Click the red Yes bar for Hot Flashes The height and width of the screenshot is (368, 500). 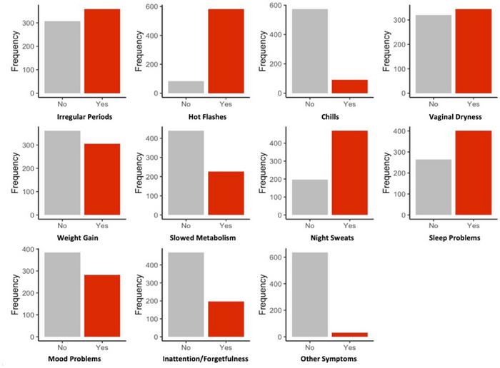pos(226,51)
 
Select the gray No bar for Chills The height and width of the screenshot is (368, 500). pos(310,51)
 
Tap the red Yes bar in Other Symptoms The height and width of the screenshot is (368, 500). pos(350,334)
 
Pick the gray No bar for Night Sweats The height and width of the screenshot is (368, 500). pos(310,198)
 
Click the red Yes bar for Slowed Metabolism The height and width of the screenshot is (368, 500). pos(226,193)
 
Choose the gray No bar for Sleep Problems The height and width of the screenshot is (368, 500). pos(434,187)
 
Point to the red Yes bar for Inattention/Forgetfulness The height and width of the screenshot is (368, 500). pos(226,319)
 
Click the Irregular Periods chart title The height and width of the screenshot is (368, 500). pos(84,117)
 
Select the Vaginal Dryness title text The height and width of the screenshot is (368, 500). pos(456,117)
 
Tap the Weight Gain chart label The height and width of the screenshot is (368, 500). pos(77,237)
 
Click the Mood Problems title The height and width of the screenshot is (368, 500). pos(74,359)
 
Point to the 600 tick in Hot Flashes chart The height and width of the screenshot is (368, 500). pos(151,6)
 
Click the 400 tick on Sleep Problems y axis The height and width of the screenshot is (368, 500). pos(399,131)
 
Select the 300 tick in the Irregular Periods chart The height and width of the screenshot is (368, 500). pos(28,23)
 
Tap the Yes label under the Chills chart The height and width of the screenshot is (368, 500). pos(349,104)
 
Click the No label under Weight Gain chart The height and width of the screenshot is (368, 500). pos(62,225)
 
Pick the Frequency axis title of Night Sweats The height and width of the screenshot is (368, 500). pos(262,173)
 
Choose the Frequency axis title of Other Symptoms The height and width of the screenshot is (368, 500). pos(262,295)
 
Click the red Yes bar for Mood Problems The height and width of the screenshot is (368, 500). pos(102,306)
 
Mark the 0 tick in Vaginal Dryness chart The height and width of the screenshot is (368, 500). pos(404,93)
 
